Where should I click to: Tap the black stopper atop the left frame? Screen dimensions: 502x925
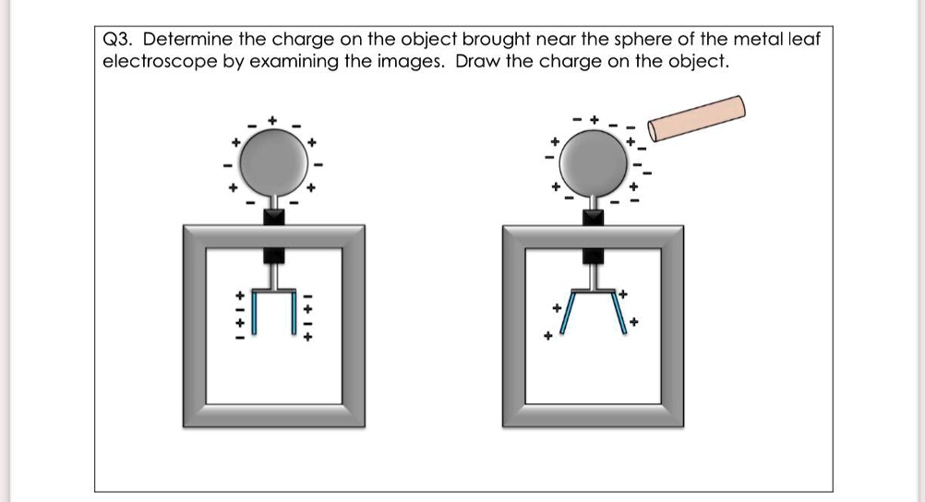pyautogui.click(x=273, y=216)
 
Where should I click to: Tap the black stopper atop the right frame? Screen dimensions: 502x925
pyautogui.click(x=593, y=216)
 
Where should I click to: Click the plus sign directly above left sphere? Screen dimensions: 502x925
pyautogui.click(x=272, y=121)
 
